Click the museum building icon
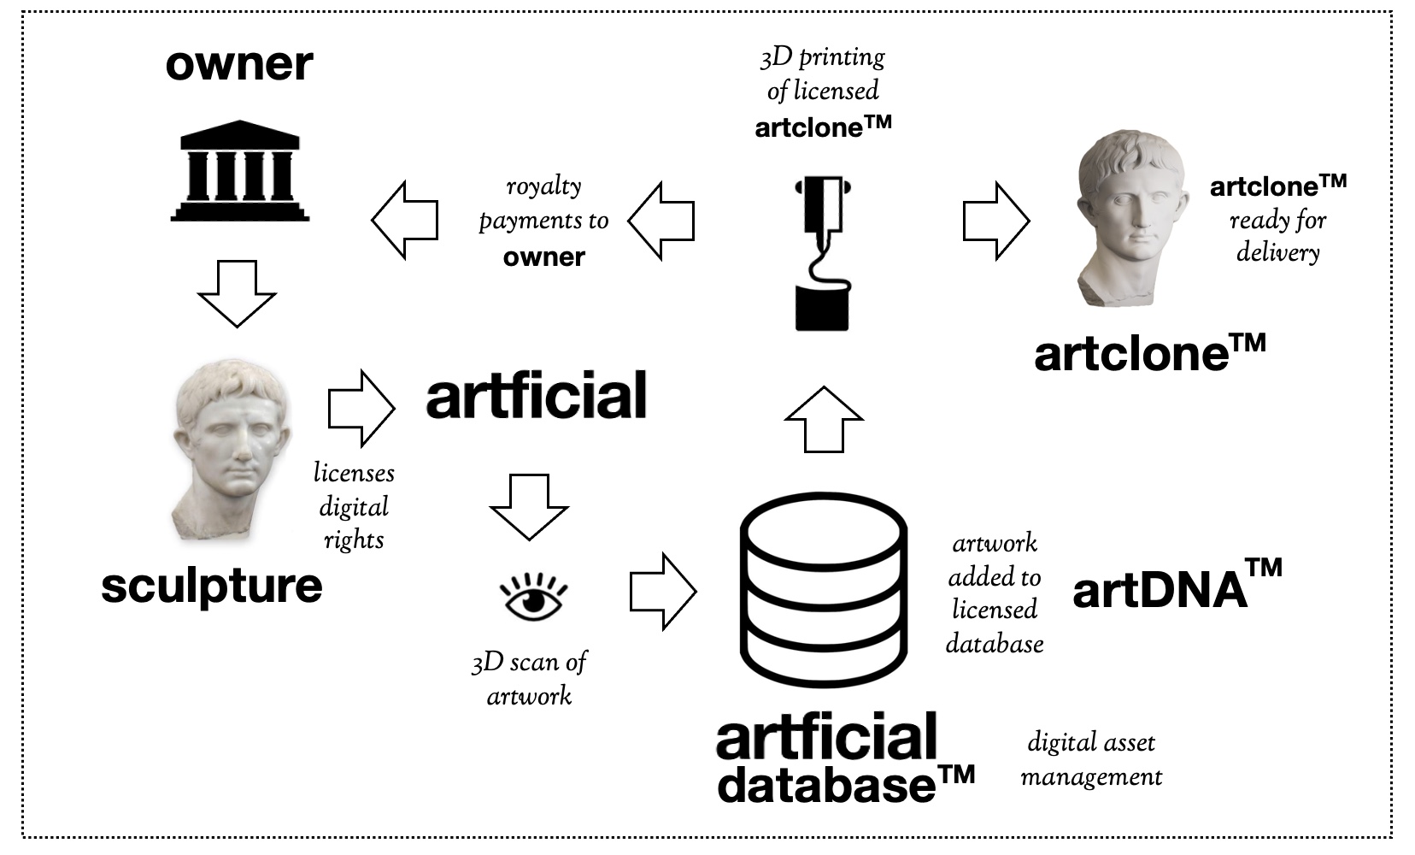click(x=240, y=172)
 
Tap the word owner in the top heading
click(x=239, y=65)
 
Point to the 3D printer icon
click(x=822, y=253)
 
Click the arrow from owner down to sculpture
click(x=237, y=293)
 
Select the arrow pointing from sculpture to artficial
click(x=361, y=408)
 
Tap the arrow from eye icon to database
click(x=663, y=592)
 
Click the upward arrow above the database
click(x=824, y=419)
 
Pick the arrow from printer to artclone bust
click(x=995, y=221)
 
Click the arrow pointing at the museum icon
click(x=404, y=220)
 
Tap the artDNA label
click(x=1177, y=586)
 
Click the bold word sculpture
click(x=212, y=586)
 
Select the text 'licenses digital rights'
click(x=354, y=506)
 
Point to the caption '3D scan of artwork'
click(x=530, y=679)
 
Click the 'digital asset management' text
click(x=1091, y=759)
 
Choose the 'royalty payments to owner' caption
click(x=544, y=221)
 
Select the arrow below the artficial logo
click(x=529, y=505)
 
